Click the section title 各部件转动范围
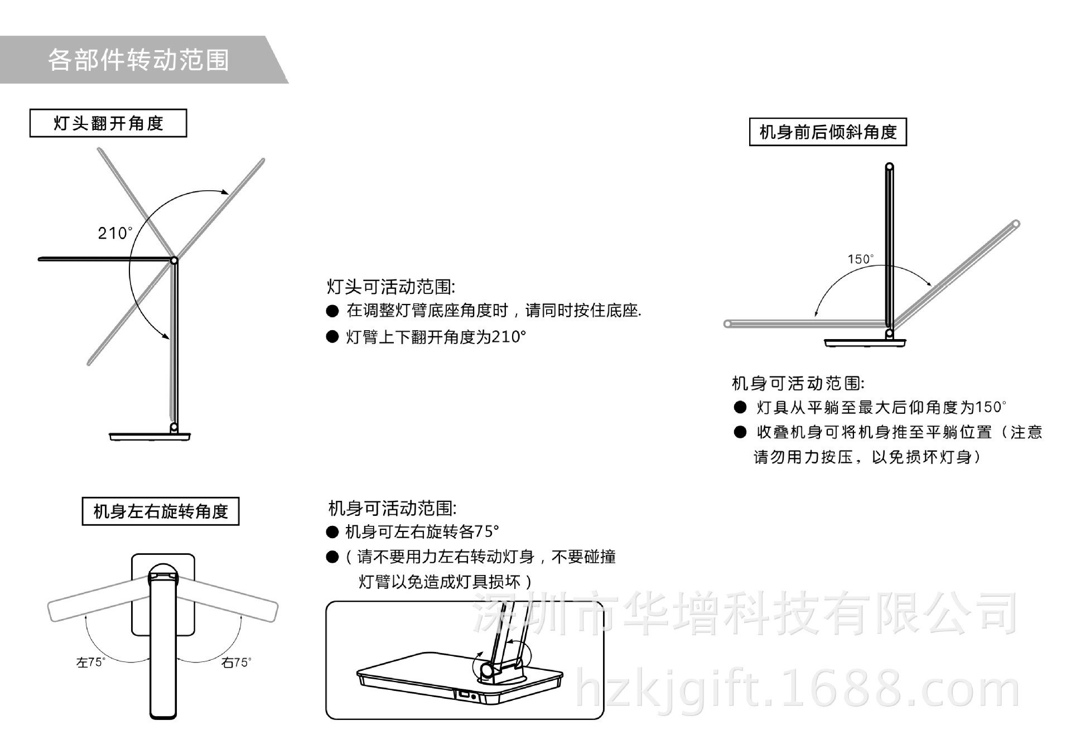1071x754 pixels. (138, 60)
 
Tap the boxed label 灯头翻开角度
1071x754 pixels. (108, 123)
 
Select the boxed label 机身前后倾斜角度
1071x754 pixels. (828, 132)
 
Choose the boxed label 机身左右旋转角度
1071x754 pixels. (161, 511)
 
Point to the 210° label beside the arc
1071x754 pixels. (115, 233)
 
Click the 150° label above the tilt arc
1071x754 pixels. (861, 259)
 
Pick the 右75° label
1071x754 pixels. (237, 663)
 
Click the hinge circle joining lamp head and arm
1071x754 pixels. (174, 260)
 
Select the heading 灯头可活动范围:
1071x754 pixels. (390, 287)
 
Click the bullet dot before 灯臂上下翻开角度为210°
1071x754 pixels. (332, 337)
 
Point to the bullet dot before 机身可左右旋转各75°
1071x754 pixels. (332, 532)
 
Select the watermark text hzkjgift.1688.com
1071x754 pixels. (798, 690)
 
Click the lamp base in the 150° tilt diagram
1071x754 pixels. (865, 342)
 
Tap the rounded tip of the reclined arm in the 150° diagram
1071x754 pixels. (1016, 224)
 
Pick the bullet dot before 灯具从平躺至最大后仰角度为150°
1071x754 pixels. (740, 408)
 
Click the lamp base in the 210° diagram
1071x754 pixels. (150, 436)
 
